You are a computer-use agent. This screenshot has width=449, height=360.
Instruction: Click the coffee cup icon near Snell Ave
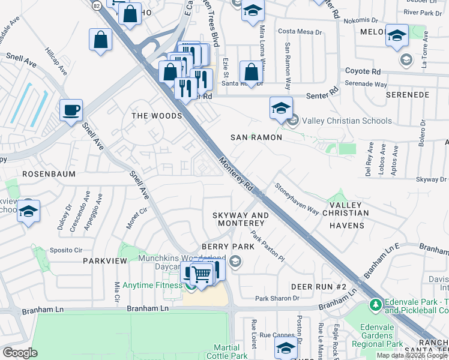pyautogui.click(x=71, y=110)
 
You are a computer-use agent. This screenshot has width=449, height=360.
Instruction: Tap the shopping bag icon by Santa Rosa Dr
pyautogui.click(x=251, y=72)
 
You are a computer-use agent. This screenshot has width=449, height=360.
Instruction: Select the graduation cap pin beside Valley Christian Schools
pyautogui.click(x=280, y=108)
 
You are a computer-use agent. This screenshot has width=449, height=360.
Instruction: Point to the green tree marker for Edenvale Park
pyautogui.click(x=376, y=305)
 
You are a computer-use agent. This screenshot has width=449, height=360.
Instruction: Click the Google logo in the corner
pyautogui.click(x=20, y=353)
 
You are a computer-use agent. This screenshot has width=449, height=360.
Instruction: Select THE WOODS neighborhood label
pyautogui.click(x=157, y=116)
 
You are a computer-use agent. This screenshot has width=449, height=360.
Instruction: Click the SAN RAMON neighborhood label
pyautogui.click(x=256, y=137)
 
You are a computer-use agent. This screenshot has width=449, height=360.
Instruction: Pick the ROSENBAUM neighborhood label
pyautogui.click(x=47, y=173)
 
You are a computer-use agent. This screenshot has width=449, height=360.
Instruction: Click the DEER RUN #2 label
pyautogui.click(x=319, y=286)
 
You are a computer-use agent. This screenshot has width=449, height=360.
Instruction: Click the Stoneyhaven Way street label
pyautogui.click(x=297, y=199)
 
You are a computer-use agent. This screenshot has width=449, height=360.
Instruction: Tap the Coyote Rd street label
pyautogui.click(x=363, y=71)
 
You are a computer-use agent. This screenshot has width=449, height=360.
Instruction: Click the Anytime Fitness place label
pyautogui.click(x=152, y=285)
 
